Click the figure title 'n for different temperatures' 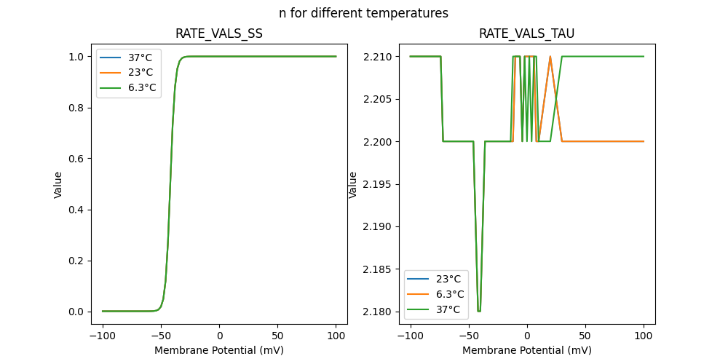(363, 13)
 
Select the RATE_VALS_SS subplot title (219, 33)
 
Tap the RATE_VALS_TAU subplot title (526, 33)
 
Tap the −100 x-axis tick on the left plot (103, 336)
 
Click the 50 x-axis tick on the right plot (585, 336)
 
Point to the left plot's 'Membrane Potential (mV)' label (219, 350)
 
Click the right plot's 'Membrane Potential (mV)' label (527, 350)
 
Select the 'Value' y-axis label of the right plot (353, 184)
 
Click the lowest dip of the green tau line (479, 311)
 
